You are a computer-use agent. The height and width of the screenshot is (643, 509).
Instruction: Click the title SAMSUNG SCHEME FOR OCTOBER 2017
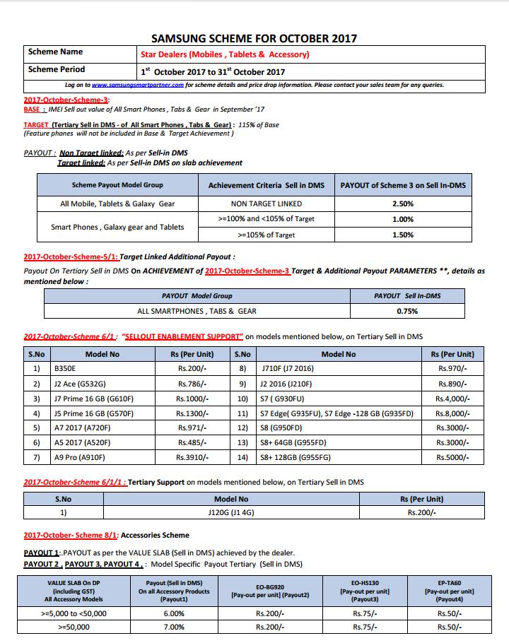point(255,38)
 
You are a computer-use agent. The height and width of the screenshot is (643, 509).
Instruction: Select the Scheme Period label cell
point(57,69)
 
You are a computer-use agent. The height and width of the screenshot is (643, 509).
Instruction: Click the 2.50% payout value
point(403,203)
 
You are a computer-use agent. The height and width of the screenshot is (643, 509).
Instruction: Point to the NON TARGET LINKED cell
point(266,203)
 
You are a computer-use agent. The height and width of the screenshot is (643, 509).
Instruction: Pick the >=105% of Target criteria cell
point(266,235)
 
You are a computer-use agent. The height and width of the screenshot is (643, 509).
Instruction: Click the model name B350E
point(65,369)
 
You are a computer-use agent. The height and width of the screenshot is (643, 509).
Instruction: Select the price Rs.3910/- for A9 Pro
point(192,458)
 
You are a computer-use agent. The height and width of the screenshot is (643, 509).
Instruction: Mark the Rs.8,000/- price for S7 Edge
point(452,413)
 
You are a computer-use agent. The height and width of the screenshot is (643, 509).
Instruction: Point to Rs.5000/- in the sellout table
point(452,458)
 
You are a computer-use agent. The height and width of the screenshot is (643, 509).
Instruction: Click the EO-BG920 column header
point(270,591)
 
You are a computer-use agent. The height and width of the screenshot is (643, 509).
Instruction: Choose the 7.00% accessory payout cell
point(174,627)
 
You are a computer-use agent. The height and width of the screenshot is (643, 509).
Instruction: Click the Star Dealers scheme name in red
point(225,54)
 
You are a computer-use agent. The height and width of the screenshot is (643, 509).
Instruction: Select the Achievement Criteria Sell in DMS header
point(266,185)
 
